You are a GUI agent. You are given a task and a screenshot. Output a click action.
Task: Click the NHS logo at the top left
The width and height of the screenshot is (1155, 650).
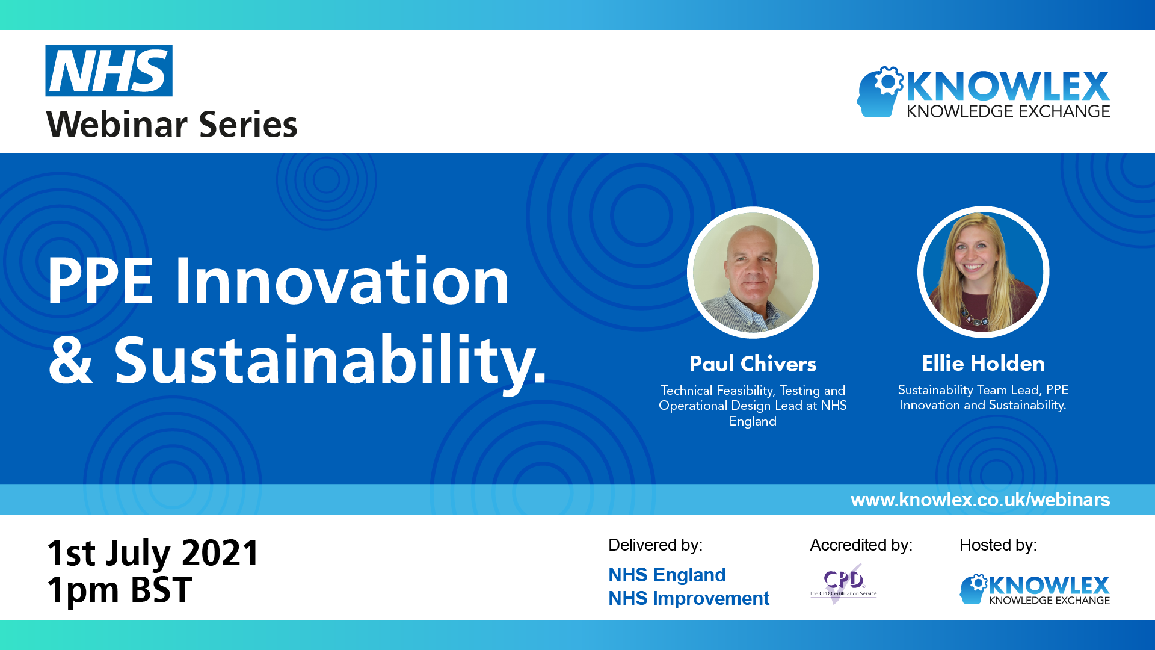(109, 71)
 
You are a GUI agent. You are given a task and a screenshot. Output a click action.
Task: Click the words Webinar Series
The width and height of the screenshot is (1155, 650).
(171, 125)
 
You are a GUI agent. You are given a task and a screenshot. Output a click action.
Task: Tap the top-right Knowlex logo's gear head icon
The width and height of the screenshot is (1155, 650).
(879, 91)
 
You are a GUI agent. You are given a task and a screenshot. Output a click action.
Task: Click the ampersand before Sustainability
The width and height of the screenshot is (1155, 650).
(71, 360)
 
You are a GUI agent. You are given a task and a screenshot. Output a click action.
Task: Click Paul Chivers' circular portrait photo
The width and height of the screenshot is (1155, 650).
(753, 273)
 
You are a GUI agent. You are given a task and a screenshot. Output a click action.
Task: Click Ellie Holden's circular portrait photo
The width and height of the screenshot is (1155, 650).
(983, 272)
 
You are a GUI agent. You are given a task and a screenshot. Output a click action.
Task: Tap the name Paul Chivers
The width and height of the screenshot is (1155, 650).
(753, 364)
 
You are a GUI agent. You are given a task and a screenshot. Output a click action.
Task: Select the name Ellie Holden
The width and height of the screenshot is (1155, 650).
(983, 364)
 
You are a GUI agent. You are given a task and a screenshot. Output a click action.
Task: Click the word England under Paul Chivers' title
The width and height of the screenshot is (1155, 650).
(753, 421)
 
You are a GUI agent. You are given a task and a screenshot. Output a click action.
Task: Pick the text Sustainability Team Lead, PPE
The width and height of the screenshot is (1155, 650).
(983, 390)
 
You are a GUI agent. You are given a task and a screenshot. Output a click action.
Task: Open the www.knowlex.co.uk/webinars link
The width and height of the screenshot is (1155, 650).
(980, 500)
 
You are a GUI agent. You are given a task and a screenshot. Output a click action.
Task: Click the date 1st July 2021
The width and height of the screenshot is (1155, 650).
(153, 552)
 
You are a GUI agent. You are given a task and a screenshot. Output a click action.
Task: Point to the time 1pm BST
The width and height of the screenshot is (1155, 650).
(119, 590)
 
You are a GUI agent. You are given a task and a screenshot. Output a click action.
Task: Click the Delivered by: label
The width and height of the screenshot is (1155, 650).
(655, 545)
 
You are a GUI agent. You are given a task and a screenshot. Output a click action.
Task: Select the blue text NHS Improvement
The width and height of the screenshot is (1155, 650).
(689, 598)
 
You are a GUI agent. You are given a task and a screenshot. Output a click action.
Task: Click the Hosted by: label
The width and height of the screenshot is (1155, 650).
(998, 545)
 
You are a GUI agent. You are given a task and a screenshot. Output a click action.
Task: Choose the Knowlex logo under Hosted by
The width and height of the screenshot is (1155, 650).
(1035, 589)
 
